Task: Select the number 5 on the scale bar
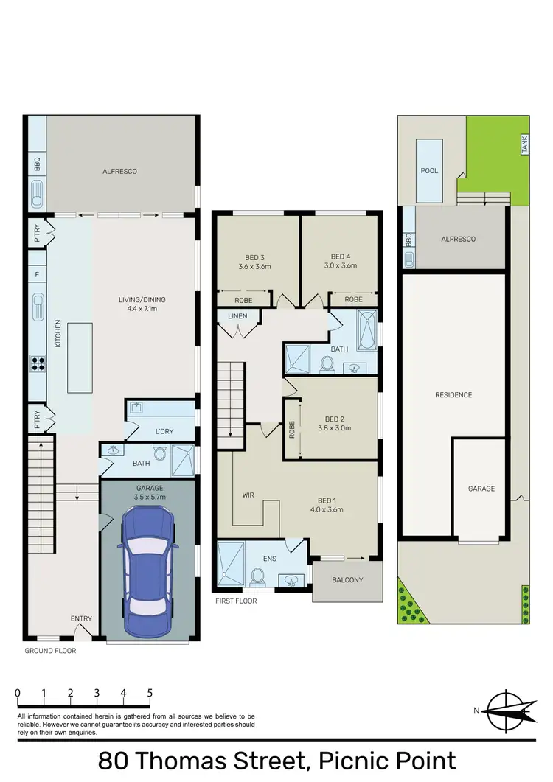click(150, 693)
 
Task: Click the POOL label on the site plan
click(429, 171)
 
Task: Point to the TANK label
click(525, 146)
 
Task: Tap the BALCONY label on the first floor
click(347, 580)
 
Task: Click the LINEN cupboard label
click(237, 316)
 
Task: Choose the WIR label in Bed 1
click(248, 495)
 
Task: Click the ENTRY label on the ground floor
click(81, 618)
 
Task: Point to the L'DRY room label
click(164, 431)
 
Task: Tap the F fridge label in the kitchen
click(37, 273)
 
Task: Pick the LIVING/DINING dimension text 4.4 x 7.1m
click(142, 310)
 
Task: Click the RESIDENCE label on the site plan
click(453, 395)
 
